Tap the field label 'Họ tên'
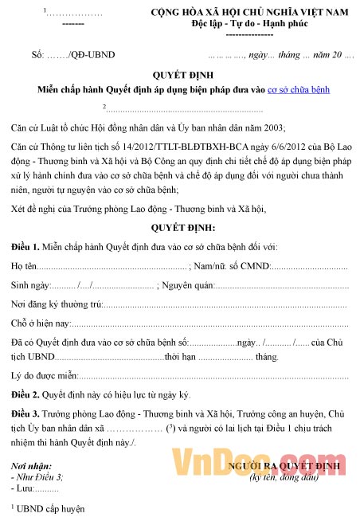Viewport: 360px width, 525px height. (24, 266)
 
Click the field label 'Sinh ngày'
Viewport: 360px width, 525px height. (30, 284)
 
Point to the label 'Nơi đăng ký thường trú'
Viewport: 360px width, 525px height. (57, 304)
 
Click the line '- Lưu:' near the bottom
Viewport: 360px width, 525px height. (24, 486)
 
